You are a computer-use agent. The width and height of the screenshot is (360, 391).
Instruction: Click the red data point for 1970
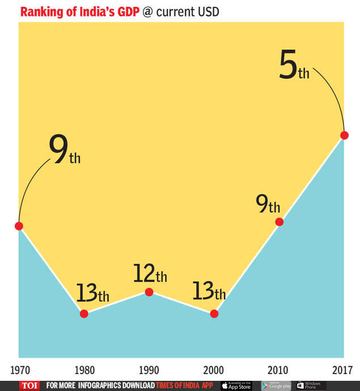point(19,226)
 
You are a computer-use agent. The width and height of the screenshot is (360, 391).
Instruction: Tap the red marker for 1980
point(84,314)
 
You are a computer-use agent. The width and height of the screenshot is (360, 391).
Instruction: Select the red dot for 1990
point(149,292)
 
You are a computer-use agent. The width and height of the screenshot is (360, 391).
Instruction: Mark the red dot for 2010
point(279,222)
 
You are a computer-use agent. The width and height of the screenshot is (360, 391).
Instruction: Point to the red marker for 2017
point(344,135)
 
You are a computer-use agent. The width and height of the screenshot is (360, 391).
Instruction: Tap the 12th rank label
point(150,274)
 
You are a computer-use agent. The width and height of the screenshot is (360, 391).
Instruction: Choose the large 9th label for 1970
point(64,151)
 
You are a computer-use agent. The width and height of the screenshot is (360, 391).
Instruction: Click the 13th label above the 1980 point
point(92,293)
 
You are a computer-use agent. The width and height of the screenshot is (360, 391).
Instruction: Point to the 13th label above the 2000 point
point(209,291)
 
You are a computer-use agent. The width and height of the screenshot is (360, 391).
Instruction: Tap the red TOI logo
point(28,385)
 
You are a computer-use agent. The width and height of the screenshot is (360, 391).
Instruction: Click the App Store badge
point(236,385)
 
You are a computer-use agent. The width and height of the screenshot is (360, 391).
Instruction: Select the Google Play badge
point(276,385)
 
